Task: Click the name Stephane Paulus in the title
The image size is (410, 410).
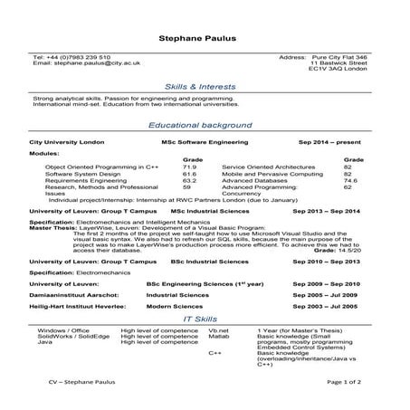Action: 205,40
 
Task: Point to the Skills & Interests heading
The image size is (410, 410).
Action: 205,86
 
